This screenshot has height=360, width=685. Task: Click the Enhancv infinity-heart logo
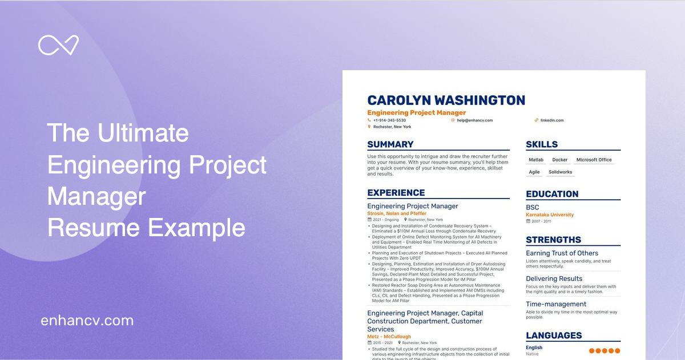pos(58,46)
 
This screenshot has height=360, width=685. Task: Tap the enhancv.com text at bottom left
pos(87,321)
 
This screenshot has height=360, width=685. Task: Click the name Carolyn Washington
pos(446,100)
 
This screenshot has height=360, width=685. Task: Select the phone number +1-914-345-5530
pos(390,120)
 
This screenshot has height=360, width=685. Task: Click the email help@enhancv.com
pos(474,120)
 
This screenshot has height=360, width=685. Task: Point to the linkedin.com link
pos(552,120)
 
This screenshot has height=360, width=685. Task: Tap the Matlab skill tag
pos(536,160)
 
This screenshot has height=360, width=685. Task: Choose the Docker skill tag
pos(560,160)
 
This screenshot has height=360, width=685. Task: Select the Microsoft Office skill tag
pos(594,160)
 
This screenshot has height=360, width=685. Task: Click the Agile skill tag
pos(534,172)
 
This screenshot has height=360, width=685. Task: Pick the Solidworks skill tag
pos(560,172)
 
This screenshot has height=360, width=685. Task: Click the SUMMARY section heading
pos(390,144)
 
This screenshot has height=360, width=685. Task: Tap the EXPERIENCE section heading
pos(396,193)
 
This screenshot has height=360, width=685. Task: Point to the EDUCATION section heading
pos(552,194)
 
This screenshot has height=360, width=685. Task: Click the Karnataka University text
pos(550,215)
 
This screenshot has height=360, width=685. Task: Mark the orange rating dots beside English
pos(604,350)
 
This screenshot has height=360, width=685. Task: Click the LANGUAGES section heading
pos(554,335)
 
